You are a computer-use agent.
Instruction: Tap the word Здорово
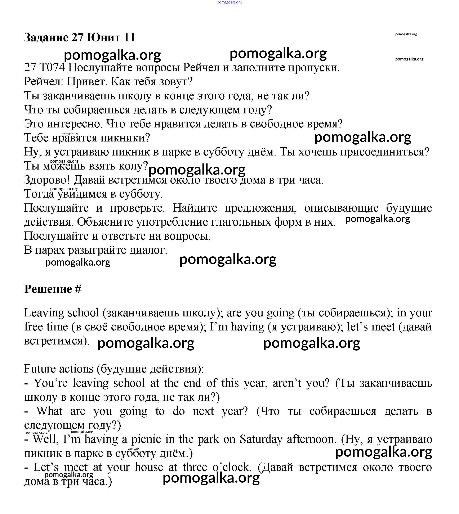pos(47,180)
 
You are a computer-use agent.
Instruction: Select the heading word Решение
pos(48,289)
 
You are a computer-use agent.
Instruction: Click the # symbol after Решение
pos(78,289)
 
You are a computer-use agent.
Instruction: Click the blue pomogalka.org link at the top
pos(229,2)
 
